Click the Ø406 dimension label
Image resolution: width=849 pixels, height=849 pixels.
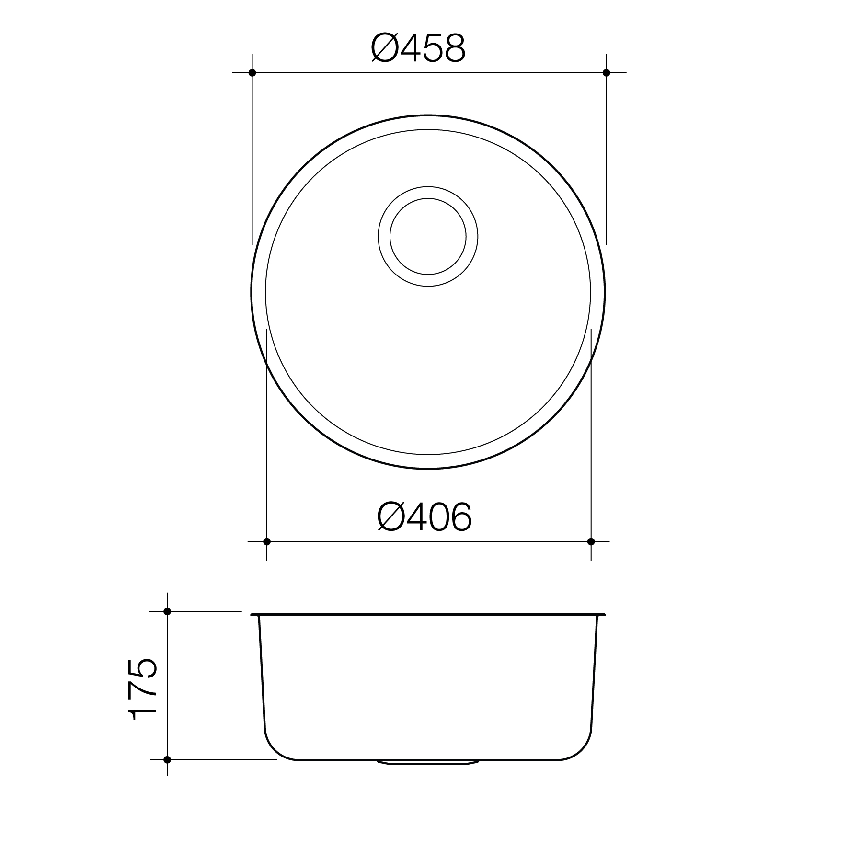click(424, 518)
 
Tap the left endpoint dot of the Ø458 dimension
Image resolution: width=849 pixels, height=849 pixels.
click(252, 73)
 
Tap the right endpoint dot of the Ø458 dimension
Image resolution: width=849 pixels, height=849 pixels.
click(607, 73)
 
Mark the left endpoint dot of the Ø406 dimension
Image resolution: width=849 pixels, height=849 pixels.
click(267, 542)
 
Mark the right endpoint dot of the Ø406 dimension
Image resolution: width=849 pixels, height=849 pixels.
click(591, 542)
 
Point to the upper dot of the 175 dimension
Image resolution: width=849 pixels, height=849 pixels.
click(167, 611)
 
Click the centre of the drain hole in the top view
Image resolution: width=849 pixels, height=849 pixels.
click(428, 236)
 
